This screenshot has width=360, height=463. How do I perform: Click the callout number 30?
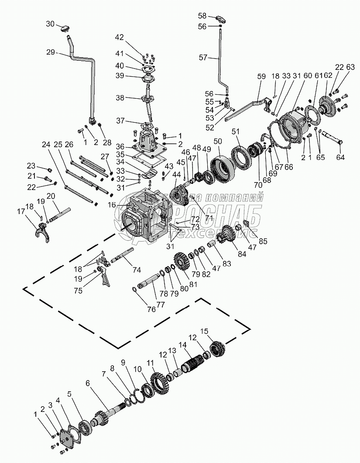click(51, 24)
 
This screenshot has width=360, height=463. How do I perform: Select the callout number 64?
click(340, 157)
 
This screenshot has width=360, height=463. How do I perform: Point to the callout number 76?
click(151, 309)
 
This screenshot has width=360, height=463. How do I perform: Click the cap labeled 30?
click(65, 29)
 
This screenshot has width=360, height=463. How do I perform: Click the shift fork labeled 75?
click(104, 275)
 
